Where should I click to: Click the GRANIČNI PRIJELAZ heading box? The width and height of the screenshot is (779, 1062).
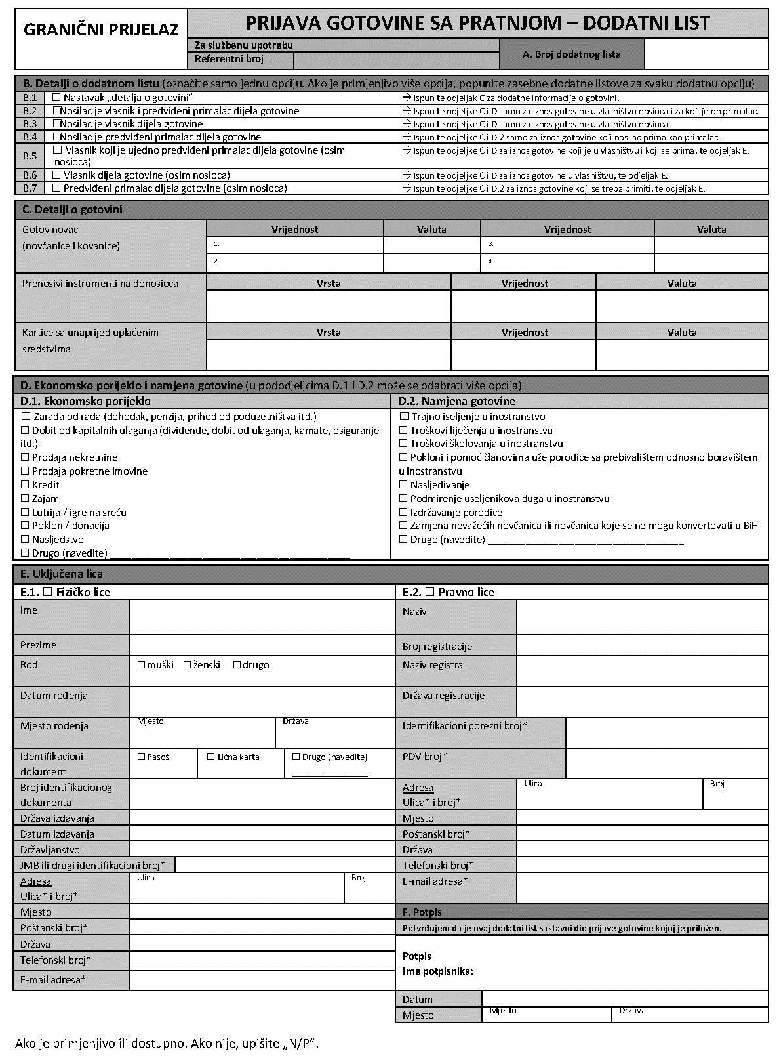101,30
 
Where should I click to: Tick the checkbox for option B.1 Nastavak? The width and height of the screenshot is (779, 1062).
56,97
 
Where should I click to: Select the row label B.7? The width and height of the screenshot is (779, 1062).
30,188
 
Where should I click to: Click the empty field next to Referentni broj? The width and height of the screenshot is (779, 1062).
396,60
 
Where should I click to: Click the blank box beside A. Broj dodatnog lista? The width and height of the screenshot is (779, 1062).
706,54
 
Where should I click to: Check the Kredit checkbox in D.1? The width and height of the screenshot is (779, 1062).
26,485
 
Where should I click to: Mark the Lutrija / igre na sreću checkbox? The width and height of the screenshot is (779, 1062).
26,512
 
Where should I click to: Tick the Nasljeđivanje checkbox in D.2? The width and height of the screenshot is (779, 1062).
404,485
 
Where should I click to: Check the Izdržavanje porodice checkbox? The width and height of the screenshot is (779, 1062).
404,512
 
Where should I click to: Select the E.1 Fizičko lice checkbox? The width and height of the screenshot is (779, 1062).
47,592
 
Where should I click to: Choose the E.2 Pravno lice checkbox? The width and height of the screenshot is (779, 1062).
429,592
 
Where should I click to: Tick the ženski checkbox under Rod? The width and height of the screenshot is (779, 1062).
188,665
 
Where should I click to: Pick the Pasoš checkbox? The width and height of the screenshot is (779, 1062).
141,757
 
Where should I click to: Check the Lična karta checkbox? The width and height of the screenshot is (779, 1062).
211,757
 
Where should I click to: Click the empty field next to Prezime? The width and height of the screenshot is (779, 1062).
261,645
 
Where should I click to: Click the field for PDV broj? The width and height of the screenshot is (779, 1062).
666,763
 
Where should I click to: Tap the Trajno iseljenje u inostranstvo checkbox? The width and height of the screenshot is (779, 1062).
404,417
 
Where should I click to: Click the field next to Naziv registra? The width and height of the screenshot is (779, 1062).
642,670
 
